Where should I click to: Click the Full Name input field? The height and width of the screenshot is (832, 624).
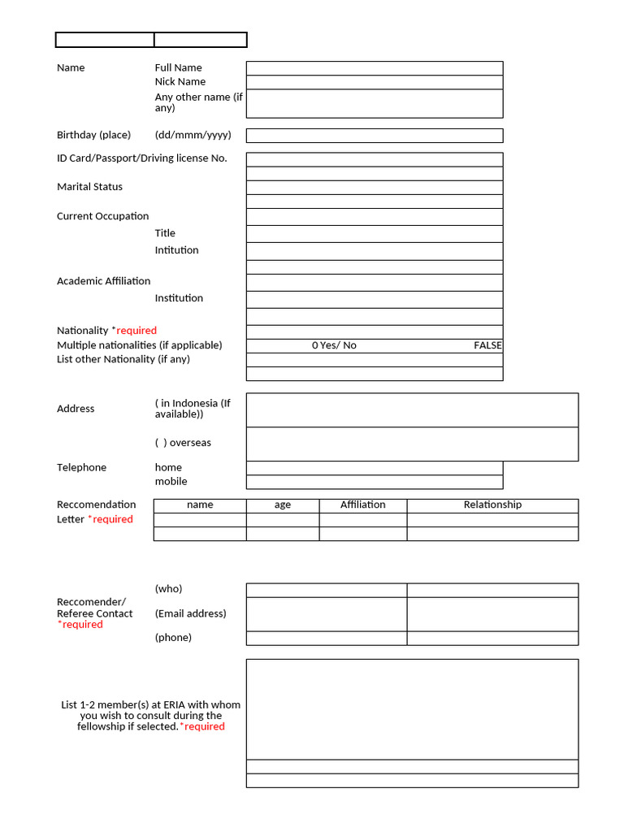tap(375, 68)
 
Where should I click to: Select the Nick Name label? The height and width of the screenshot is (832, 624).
tap(180, 82)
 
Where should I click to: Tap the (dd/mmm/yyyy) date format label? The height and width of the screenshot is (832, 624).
tap(193, 136)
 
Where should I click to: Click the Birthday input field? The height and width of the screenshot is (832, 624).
tap(375, 136)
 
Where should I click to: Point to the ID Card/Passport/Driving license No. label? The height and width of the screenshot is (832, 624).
tap(142, 158)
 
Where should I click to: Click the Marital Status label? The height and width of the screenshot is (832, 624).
tap(89, 187)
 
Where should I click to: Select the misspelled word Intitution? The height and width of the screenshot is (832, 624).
tap(177, 250)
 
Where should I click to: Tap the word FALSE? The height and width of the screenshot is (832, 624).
tap(487, 345)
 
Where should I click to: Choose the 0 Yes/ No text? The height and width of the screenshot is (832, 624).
tap(334, 345)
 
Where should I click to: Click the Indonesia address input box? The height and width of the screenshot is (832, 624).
tap(412, 410)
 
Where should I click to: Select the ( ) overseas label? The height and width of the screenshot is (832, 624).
tap(183, 443)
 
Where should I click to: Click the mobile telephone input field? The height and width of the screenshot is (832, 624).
tap(375, 482)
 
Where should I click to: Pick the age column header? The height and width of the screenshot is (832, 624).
tap(283, 505)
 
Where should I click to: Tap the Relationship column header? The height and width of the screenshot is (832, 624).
tap(492, 505)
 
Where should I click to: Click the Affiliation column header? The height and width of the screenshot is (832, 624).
tap(363, 505)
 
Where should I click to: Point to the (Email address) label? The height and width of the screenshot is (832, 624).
tap(191, 613)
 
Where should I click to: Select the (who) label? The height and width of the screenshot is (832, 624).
tap(169, 589)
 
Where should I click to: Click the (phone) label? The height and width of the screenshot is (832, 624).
tap(174, 638)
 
